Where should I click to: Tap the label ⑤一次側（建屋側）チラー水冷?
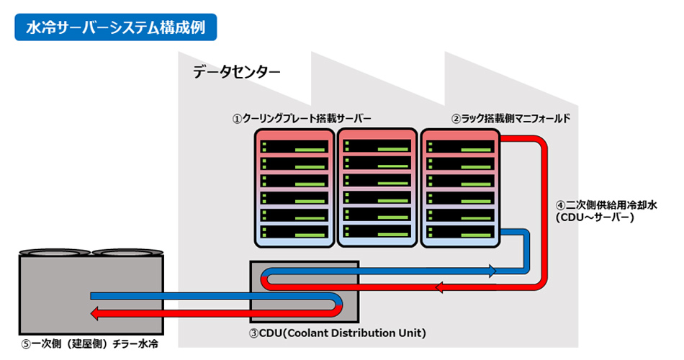point(89,344)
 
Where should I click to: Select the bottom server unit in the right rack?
point(459,232)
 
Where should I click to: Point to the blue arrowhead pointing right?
point(492,271)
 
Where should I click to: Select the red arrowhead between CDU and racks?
point(441,288)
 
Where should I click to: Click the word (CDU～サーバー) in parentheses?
point(595,216)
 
